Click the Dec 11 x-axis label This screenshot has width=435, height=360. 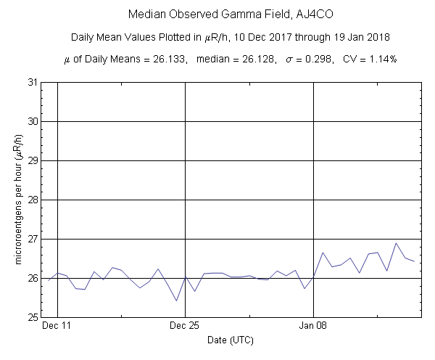[x=57, y=326]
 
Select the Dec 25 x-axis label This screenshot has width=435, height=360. [x=185, y=326]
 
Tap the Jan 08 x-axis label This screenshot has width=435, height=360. [x=313, y=326]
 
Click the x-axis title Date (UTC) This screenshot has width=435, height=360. [x=231, y=340]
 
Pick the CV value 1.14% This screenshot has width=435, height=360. [x=381, y=59]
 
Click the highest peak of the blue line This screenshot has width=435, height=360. [x=396, y=243]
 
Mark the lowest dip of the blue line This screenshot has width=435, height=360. [x=176, y=300]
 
